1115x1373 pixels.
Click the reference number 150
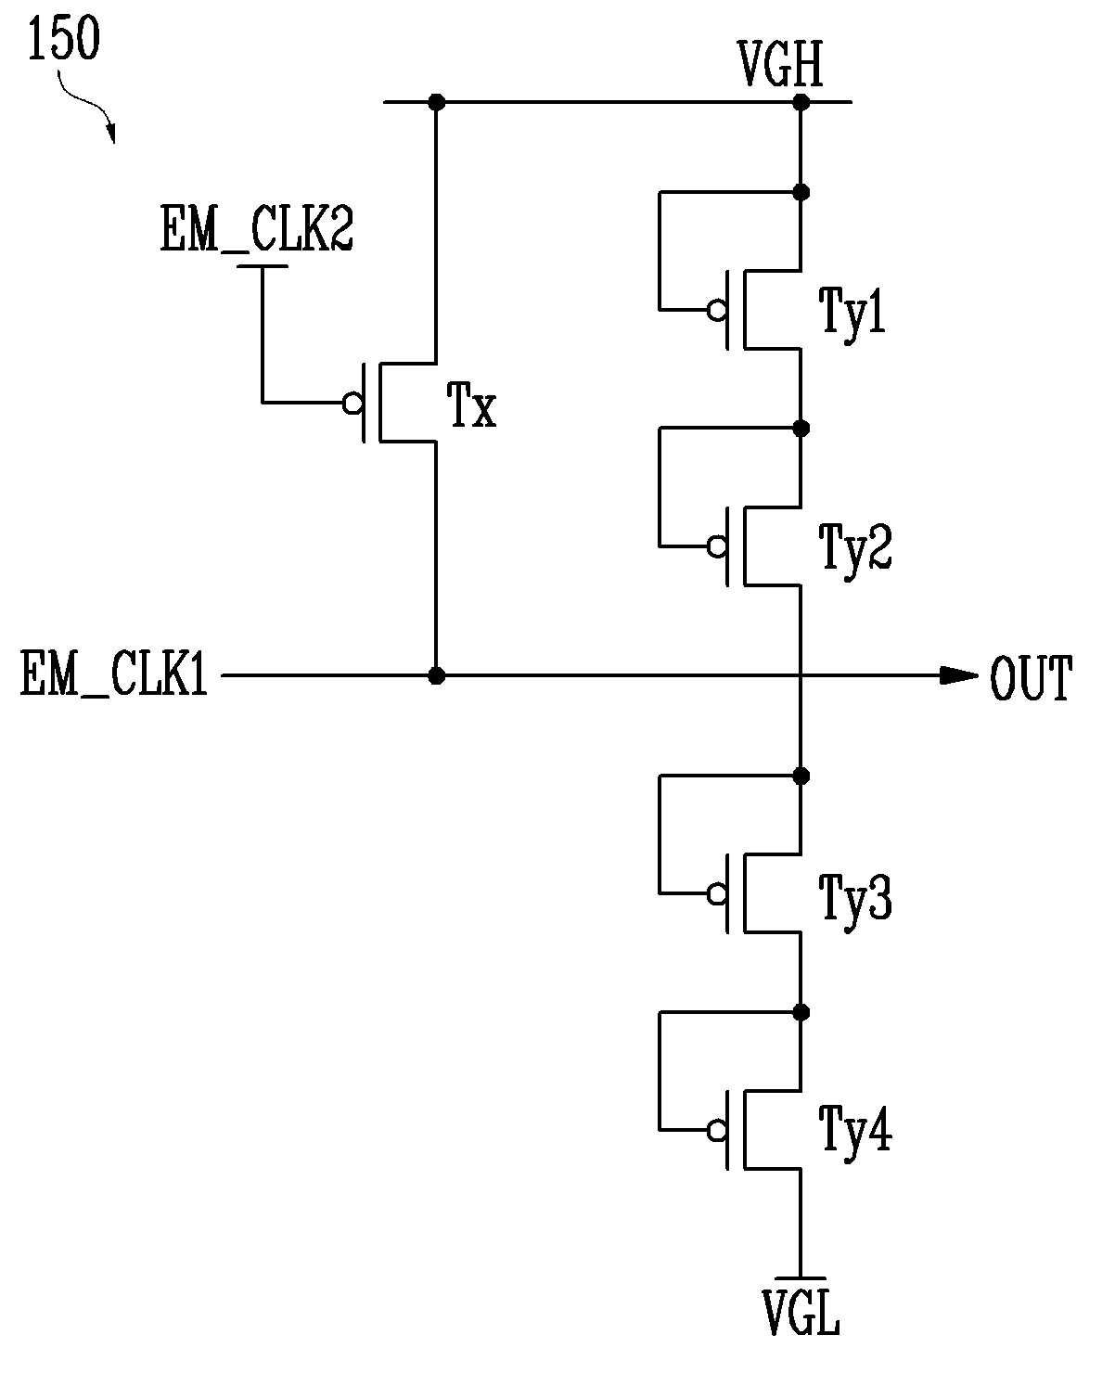[64, 38]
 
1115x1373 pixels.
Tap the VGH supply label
[780, 63]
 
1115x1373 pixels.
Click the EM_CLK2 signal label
[257, 229]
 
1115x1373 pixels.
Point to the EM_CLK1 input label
[114, 674]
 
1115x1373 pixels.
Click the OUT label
[1031, 677]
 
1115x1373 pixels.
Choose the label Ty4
[855, 1131]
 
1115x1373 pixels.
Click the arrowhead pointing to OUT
[958, 675]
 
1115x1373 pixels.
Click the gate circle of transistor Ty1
[717, 311]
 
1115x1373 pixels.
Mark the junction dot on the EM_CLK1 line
[436, 675]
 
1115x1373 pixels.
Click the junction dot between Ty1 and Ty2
[801, 428]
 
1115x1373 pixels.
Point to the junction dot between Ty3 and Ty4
[801, 1012]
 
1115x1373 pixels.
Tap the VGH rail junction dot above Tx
[436, 102]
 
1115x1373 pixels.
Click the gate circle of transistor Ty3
[717, 893]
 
